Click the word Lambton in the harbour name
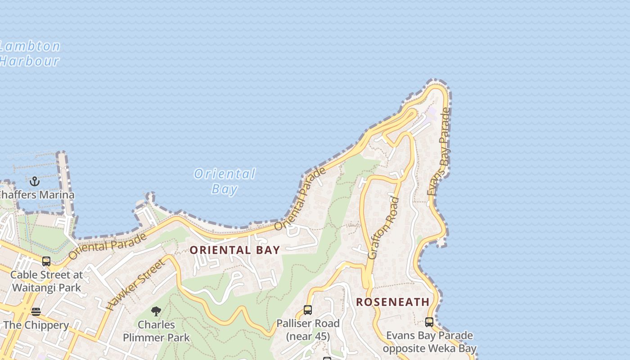tap(30, 46)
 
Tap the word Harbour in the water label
tap(30, 61)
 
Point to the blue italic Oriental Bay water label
tap(225, 181)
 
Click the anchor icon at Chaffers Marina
tap(35, 182)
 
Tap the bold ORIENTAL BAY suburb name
tap(235, 250)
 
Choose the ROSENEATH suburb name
tap(393, 302)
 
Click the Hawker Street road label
tap(135, 285)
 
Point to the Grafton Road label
tap(383, 228)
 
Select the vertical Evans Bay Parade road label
tap(439, 152)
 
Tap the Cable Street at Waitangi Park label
tap(46, 281)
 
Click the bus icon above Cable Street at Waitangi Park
tap(46, 261)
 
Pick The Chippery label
tap(36, 325)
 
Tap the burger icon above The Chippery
tap(36, 312)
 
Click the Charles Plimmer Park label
tap(156, 331)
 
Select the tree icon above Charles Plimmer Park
tap(156, 311)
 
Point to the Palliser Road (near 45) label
tap(308, 330)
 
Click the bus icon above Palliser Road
tap(308, 310)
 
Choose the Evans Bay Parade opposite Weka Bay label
tap(429, 342)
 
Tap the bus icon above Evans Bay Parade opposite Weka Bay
tap(429, 322)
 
